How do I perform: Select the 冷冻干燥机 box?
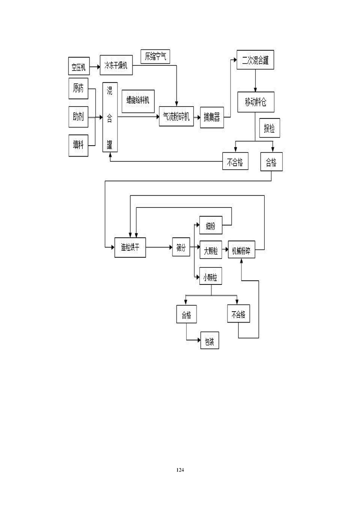click(116, 66)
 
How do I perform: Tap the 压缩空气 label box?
click(155, 56)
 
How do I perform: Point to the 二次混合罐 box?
click(256, 60)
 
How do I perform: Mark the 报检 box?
click(269, 129)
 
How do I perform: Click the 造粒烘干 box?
click(130, 248)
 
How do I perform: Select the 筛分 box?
click(181, 248)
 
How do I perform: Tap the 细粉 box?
click(211, 225)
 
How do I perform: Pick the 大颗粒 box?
click(211, 249)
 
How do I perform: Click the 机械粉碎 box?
click(241, 249)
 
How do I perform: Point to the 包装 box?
click(209, 342)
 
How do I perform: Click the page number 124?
click(180, 470)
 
